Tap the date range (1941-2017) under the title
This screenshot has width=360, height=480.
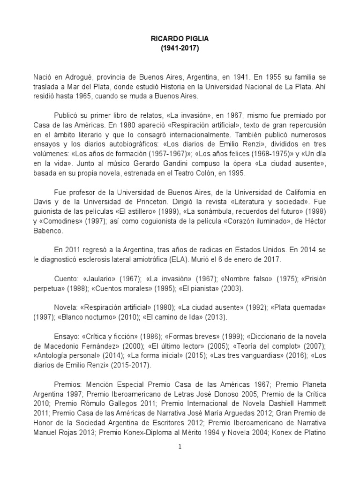click(x=180, y=48)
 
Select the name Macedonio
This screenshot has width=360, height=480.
click(x=58, y=345)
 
